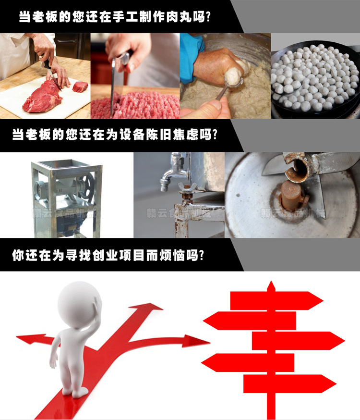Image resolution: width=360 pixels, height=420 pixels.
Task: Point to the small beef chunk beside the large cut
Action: [80, 87]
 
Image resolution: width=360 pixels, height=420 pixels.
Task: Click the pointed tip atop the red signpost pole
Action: [271, 286]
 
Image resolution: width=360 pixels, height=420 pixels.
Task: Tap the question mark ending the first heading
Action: [207, 17]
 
